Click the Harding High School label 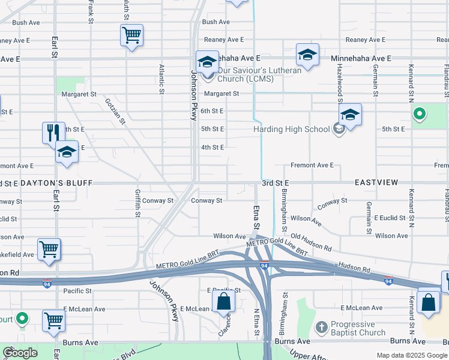292,129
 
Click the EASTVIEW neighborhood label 376,182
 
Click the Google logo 20,353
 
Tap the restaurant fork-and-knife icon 53,132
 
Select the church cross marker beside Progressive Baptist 322,328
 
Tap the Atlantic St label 161,80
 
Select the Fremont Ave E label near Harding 312,165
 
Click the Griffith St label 137,203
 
